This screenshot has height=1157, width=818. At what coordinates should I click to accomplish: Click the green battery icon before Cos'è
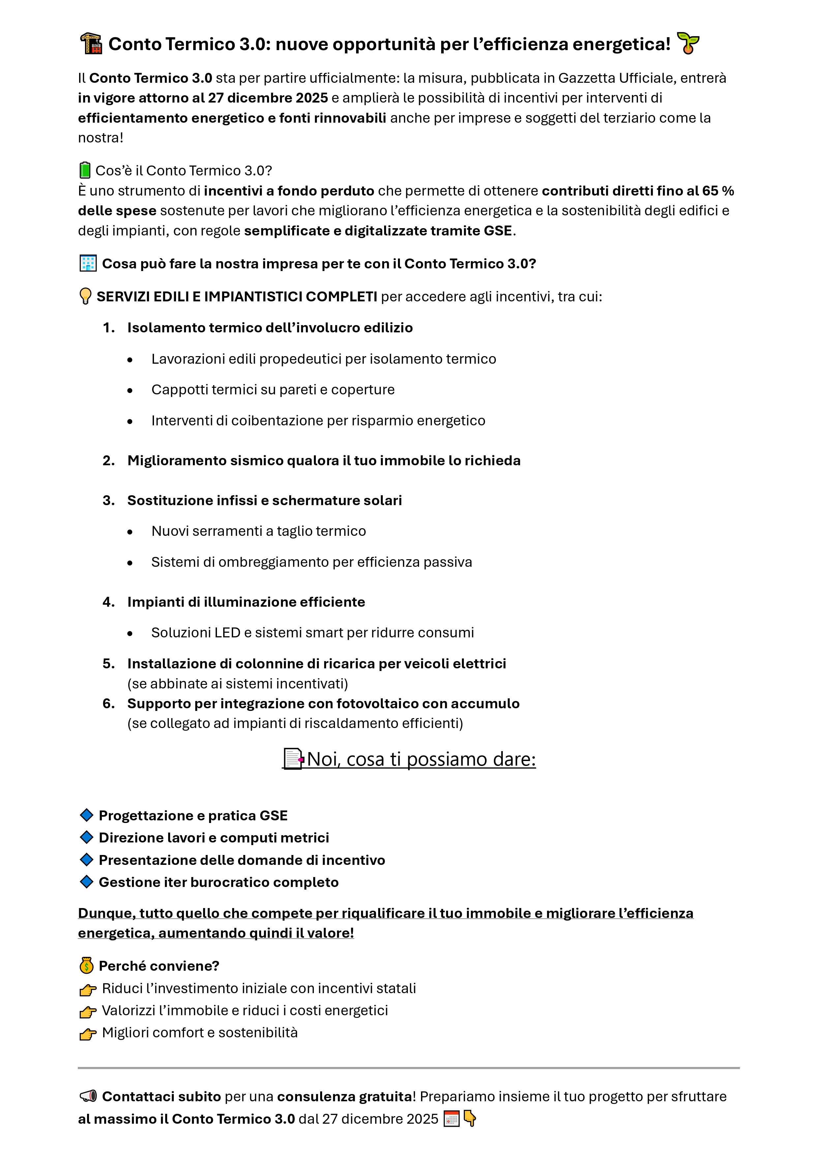pos(85,170)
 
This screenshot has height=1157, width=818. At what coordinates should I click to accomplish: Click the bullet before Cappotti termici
pos(130,390)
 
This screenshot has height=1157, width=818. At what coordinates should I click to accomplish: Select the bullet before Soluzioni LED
pos(130,633)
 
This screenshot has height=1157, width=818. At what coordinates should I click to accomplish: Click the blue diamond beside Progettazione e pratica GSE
pos(87,815)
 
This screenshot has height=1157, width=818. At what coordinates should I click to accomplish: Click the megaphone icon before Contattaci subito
pos(88,1096)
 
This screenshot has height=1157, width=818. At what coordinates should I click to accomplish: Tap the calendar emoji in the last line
pos(452,1119)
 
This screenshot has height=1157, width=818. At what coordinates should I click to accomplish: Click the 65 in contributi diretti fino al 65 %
pos(710,191)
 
